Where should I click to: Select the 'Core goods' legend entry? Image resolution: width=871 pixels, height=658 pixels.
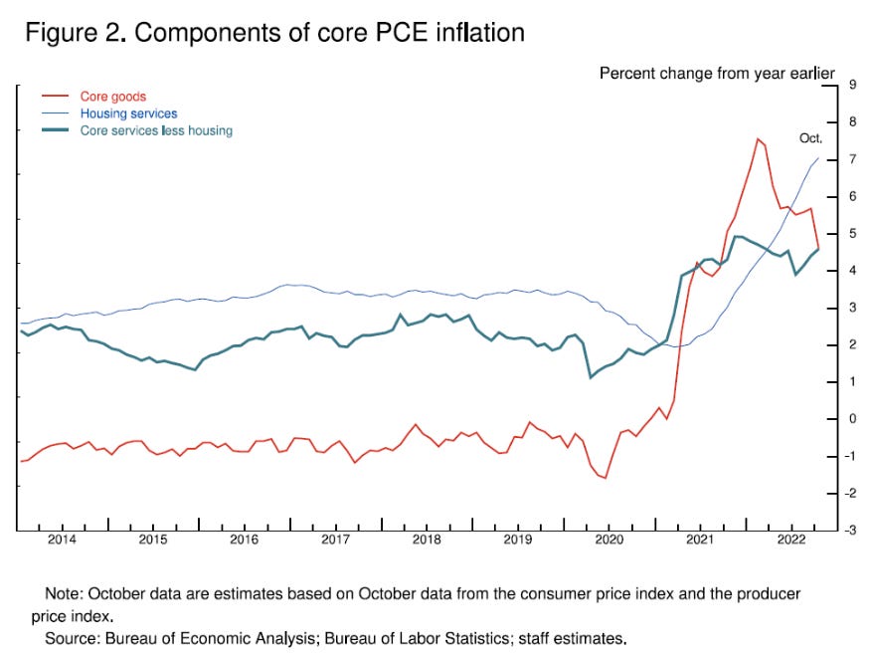coord(112,97)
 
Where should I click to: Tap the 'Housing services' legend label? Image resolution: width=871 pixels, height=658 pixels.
coord(128,113)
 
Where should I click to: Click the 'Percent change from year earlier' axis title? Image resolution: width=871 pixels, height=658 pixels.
coord(716,74)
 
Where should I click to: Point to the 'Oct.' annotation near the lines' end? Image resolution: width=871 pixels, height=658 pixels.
coord(810,138)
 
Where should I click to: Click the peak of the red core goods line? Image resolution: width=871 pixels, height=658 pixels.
coord(758,138)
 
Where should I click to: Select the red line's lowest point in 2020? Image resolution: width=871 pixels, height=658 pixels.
coord(605,478)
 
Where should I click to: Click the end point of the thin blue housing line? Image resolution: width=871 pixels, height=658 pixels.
coord(818,157)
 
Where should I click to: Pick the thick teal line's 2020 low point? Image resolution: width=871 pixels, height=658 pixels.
coord(591,377)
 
